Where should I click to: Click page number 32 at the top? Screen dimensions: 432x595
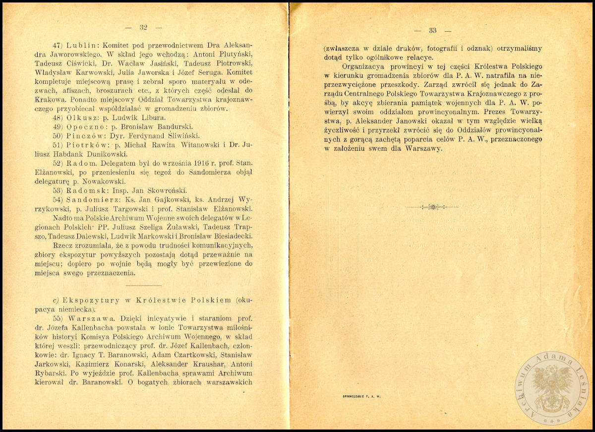pos(144,27)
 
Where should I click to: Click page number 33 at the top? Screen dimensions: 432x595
pos(432,30)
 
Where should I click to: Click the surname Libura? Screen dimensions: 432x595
pos(156,118)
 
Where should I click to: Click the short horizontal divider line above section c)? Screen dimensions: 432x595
pos(144,286)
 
